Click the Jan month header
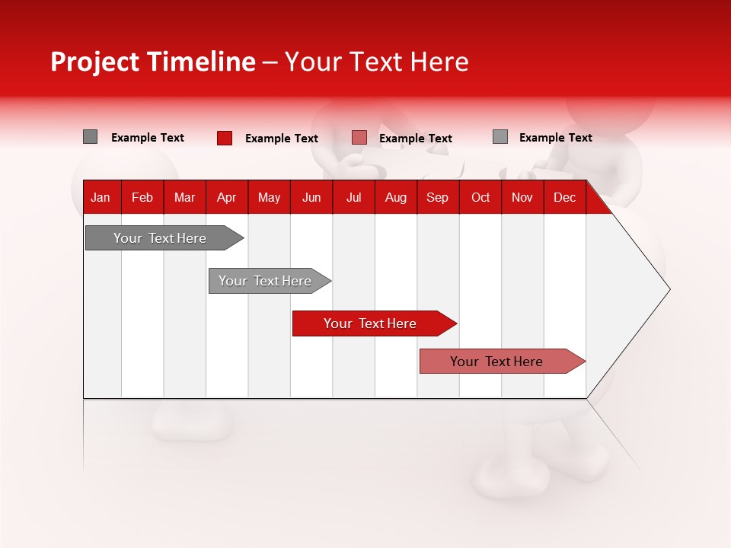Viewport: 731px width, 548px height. tap(101, 197)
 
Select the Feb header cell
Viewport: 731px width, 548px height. tap(142, 197)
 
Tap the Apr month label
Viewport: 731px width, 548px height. tap(227, 197)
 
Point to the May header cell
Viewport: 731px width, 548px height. tap(269, 197)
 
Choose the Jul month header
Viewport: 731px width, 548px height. tap(353, 197)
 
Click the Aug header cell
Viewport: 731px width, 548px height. tap(395, 197)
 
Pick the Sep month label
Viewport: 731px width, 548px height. tap(437, 197)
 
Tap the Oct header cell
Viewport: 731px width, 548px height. tap(480, 197)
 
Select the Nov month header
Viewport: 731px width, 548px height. tap(522, 197)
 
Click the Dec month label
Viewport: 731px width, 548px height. tap(564, 197)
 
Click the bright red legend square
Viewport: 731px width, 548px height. tap(225, 138)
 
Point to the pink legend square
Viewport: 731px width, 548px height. tap(359, 138)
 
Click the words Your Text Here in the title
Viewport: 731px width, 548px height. tap(377, 62)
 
